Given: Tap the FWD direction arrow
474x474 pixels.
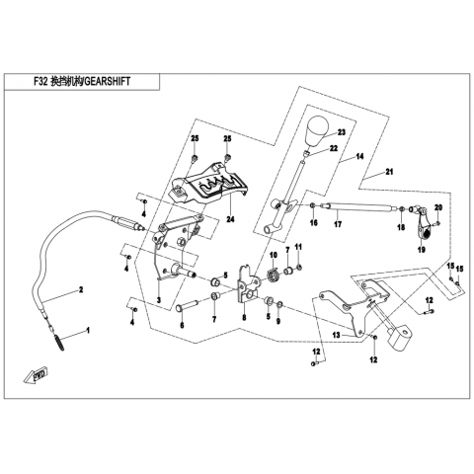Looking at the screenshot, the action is pyautogui.click(x=36, y=374).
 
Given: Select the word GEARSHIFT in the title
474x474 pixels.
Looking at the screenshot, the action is pyautogui.click(x=108, y=81).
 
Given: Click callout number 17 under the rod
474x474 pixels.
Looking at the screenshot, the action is pyautogui.click(x=338, y=224).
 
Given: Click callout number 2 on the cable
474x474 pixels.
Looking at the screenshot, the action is pyautogui.click(x=81, y=290).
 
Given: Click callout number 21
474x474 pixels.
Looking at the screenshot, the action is pyautogui.click(x=389, y=172).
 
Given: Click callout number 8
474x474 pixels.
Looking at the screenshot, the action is pyautogui.click(x=244, y=318).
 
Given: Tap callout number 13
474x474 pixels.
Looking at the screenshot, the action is pyautogui.click(x=336, y=335).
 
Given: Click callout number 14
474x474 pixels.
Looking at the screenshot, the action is pyautogui.click(x=359, y=156).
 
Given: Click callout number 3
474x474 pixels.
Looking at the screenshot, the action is pyautogui.click(x=159, y=300).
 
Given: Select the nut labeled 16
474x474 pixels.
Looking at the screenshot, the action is pyautogui.click(x=313, y=206).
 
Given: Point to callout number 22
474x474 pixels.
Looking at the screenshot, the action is pyautogui.click(x=334, y=149).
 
